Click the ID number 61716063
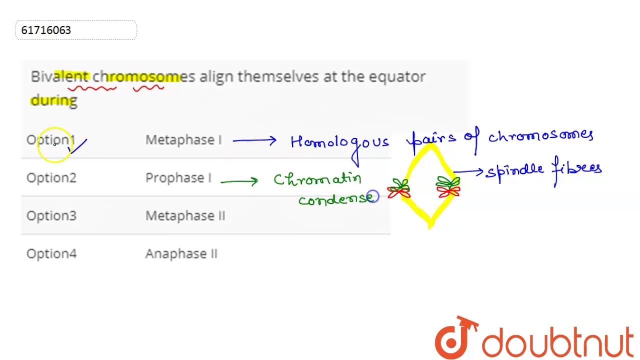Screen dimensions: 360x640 46,30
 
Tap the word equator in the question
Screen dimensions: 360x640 397,76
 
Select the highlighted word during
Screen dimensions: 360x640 54,100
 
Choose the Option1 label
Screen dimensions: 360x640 50,140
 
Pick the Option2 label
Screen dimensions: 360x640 51,178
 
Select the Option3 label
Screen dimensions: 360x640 51,216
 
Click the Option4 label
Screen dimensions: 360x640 51,254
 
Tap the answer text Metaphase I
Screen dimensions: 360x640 183,140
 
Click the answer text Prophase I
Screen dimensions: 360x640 178,178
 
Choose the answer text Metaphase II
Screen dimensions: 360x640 185,216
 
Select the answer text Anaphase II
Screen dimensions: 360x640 181,254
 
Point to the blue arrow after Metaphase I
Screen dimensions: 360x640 254,141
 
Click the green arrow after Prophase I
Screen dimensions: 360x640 239,181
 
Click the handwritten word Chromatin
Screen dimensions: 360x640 317,179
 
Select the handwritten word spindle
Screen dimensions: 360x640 514,170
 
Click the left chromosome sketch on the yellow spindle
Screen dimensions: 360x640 399,188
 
